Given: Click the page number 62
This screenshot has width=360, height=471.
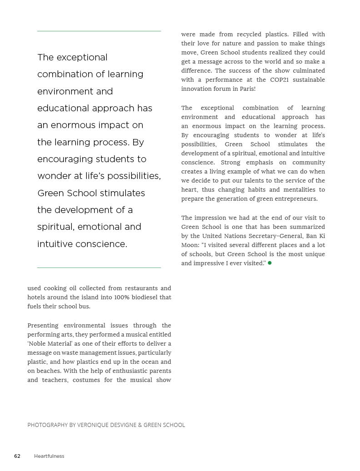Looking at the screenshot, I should [x=17, y=456].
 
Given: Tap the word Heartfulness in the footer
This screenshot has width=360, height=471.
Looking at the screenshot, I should [x=49, y=456].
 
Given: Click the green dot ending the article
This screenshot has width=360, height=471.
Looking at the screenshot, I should [x=270, y=263].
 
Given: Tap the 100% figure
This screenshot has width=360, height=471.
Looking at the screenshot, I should [x=116, y=297].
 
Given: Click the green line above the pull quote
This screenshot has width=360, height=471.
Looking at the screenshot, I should [x=99, y=31].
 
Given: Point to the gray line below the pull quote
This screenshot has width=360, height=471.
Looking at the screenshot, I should [x=99, y=268].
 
